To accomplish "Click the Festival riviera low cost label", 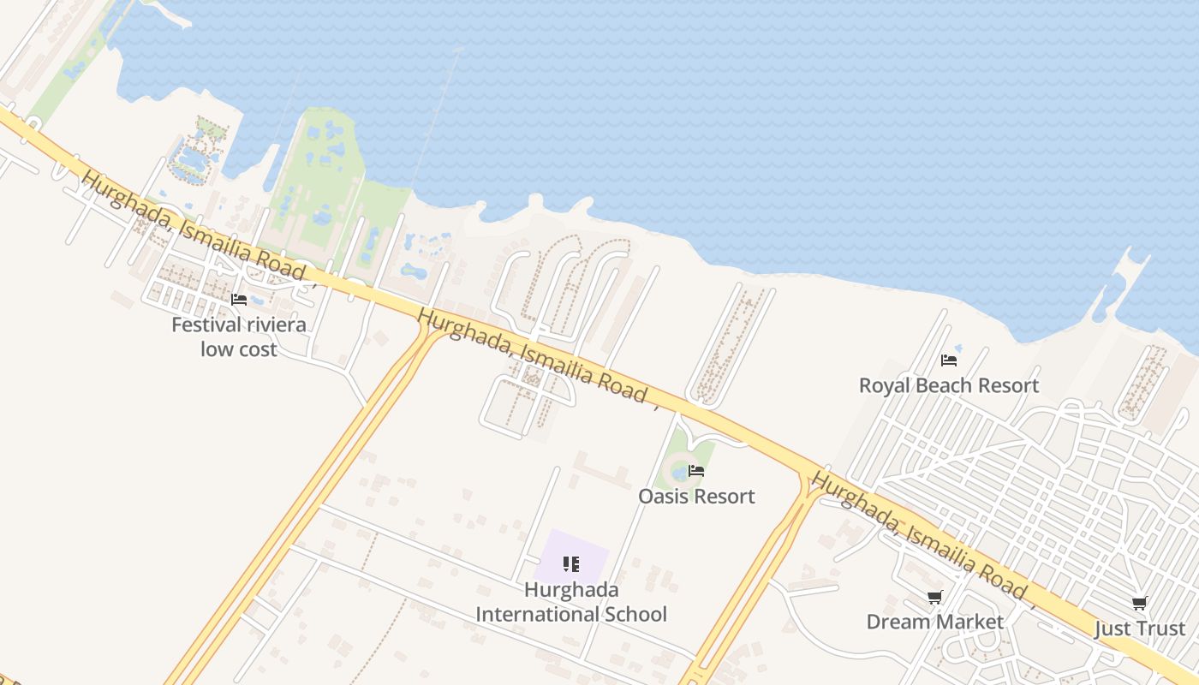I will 239,337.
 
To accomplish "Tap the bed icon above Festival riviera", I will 239,300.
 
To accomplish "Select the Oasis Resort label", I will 696,497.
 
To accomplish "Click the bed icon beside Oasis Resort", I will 696,471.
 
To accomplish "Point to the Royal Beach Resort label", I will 949,385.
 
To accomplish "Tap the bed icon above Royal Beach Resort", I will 949,360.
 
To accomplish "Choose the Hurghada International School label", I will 571,602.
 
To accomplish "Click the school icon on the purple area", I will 571,563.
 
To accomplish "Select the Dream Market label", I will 934,622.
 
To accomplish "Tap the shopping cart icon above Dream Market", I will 934,598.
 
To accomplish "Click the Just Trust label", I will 1140,628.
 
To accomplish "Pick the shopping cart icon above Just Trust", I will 1140,604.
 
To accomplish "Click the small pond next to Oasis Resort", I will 679,471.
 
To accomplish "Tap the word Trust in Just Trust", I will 1159,628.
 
